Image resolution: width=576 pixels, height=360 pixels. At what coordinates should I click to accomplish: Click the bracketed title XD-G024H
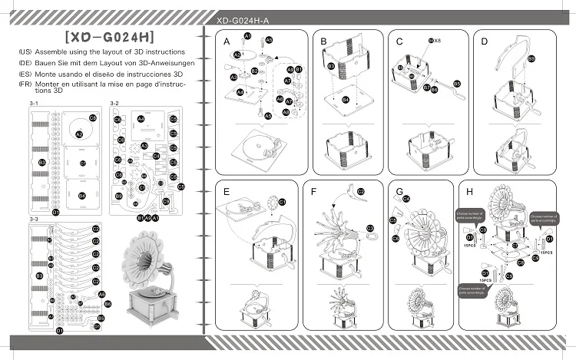(x=111, y=35)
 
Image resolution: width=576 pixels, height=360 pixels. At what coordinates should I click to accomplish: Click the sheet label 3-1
(x=34, y=102)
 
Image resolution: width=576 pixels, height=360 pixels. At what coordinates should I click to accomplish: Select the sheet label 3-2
(x=114, y=102)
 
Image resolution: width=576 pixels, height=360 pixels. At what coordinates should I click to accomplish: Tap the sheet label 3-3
(x=34, y=219)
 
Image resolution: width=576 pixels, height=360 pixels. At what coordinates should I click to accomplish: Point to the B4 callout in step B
(x=346, y=100)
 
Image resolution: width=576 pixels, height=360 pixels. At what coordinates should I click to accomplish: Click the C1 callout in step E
(x=282, y=201)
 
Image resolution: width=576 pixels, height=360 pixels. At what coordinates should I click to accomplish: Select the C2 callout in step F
(x=361, y=190)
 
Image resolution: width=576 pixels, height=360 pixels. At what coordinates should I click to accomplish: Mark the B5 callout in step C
(x=457, y=83)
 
